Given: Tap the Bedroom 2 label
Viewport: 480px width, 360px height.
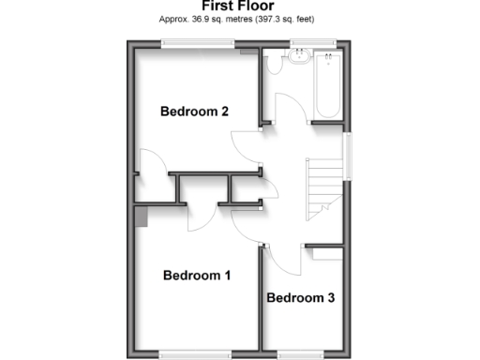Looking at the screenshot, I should (194, 112).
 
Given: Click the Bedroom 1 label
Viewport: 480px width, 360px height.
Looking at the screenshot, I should (197, 276).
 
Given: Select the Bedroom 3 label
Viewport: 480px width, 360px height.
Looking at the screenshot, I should (300, 298).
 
